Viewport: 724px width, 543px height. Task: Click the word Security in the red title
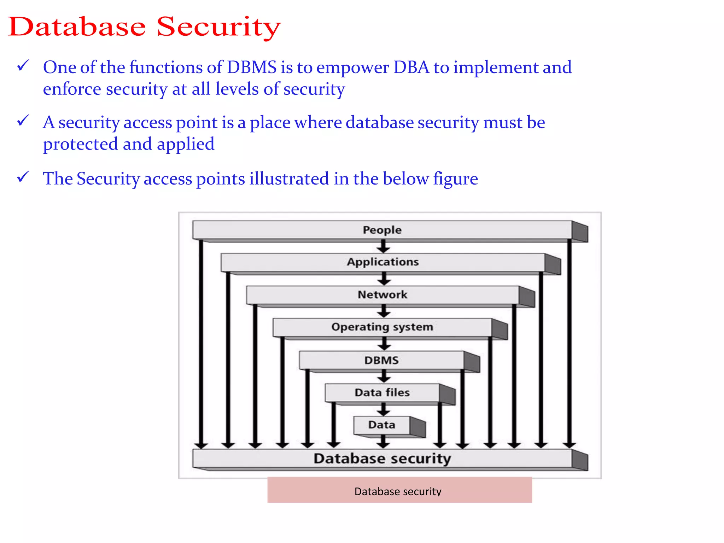coord(218,27)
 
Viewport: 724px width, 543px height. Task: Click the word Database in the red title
coord(77,27)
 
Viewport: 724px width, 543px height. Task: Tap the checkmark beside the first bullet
coord(23,66)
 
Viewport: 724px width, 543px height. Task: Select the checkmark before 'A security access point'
coord(23,121)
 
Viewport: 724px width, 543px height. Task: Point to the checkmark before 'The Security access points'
coord(23,177)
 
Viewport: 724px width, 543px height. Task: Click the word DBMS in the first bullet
coord(251,67)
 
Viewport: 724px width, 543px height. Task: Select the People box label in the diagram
coord(382,230)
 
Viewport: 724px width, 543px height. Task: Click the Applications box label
coord(383,262)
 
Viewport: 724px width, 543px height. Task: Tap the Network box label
coord(382,294)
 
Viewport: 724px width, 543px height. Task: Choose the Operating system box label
coord(382,327)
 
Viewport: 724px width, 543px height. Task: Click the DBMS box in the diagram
coord(381,360)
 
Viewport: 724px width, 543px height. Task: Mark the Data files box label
coord(382,392)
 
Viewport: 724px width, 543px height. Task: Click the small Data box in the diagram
coord(381,425)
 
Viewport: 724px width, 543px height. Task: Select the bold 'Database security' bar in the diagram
coord(382,459)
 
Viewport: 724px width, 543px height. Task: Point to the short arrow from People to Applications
coord(383,246)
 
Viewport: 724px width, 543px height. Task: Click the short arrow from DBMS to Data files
coord(384,376)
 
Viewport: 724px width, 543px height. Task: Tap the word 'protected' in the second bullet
coord(80,144)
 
